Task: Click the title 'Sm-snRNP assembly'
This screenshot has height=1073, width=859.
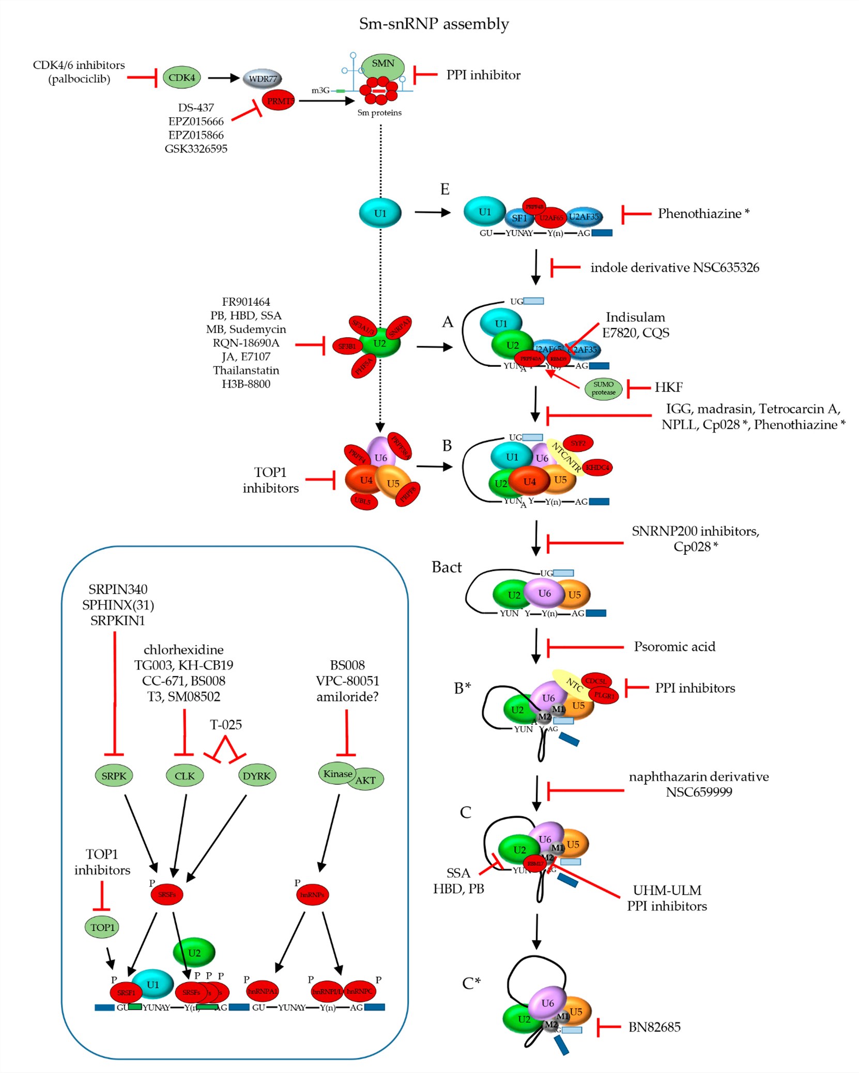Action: click(x=434, y=24)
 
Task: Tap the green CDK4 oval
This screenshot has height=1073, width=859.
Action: click(x=181, y=78)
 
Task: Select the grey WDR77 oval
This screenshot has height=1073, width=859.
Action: click(x=263, y=79)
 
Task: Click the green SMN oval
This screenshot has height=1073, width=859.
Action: click(x=383, y=65)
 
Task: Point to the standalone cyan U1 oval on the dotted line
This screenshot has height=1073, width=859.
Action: click(x=380, y=213)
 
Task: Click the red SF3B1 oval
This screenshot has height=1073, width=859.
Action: click(x=347, y=346)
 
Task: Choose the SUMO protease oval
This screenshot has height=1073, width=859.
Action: click(x=603, y=388)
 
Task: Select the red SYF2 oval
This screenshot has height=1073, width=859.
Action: click(x=578, y=443)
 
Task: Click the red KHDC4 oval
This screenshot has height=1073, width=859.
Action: click(x=597, y=468)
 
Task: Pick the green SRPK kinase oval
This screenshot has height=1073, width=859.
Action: click(x=114, y=775)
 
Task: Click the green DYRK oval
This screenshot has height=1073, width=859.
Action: click(x=256, y=775)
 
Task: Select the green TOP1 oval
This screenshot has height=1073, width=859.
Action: click(x=102, y=927)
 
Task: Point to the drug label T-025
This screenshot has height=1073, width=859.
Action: click(x=226, y=724)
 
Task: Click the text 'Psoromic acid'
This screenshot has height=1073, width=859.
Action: click(x=674, y=646)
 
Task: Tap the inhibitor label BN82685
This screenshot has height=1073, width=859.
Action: click(x=654, y=1027)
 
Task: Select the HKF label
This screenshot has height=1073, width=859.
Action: click(x=668, y=387)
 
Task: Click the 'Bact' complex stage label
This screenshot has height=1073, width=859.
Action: click(x=447, y=567)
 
